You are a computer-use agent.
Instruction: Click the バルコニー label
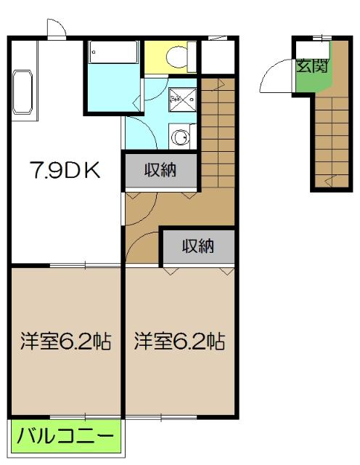65,437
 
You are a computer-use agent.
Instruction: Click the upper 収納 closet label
160,171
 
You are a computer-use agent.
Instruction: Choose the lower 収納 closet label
197,246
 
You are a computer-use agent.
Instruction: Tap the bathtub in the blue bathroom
113,52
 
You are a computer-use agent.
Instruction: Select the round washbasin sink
179,135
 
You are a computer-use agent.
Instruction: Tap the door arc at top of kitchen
57,28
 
